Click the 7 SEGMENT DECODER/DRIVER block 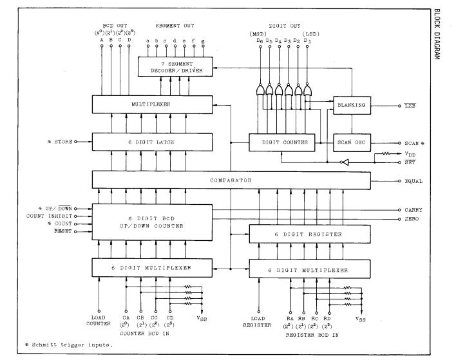(175, 66)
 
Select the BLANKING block (351, 104)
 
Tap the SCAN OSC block (351, 141)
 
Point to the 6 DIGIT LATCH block (152, 141)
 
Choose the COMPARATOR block (231, 180)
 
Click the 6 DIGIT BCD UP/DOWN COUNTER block (152, 222)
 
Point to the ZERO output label (412, 220)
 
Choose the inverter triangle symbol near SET (345, 163)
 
